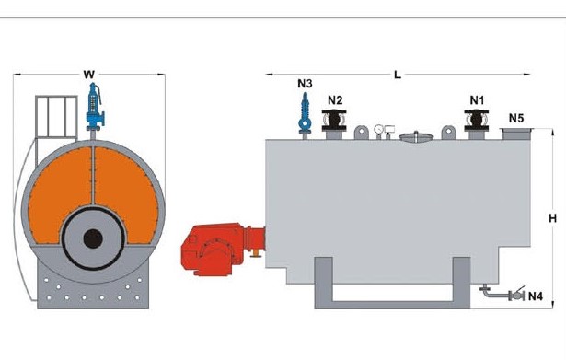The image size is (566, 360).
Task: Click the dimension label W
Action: (88, 75)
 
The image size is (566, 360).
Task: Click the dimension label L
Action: (398, 75)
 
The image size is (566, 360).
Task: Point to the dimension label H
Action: (552, 218)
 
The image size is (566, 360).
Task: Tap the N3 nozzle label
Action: (305, 84)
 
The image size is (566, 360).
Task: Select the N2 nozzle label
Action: (335, 99)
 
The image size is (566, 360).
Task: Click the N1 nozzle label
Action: (477, 99)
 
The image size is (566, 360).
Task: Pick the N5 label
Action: (516, 118)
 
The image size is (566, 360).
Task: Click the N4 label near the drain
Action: (536, 296)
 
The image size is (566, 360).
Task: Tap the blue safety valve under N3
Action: (305, 115)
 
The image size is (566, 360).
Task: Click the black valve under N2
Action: (334, 121)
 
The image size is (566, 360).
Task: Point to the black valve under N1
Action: (477, 121)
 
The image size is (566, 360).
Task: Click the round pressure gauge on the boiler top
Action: (378, 130)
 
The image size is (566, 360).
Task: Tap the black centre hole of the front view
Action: (93, 238)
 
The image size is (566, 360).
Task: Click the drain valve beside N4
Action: (516, 295)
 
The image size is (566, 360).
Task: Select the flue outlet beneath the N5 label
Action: (516, 134)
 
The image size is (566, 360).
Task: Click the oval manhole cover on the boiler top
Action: (416, 136)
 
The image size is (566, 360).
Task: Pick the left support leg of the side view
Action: (323, 283)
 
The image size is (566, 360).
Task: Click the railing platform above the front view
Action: (56, 117)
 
